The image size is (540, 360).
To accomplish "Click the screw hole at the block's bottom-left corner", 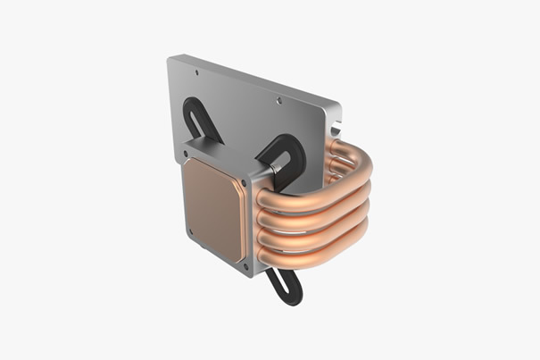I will click(191, 232).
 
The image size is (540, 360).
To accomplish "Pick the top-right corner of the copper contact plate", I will click(237, 176).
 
